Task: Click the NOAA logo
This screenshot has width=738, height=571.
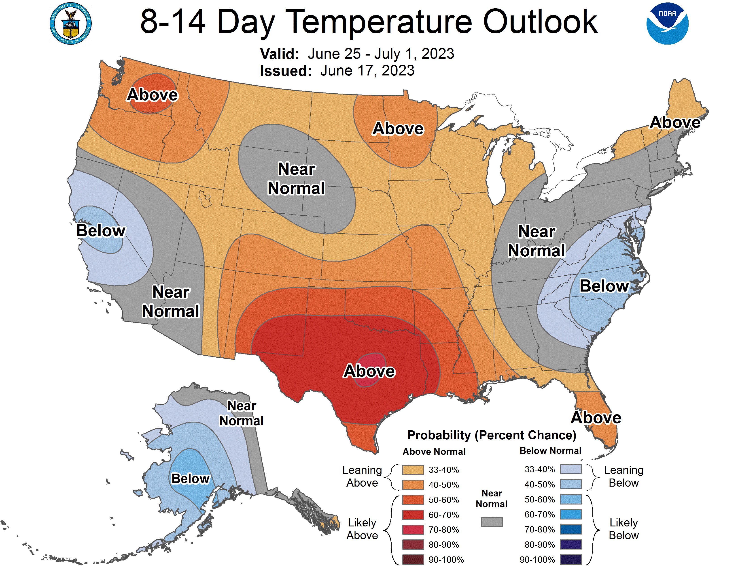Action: (667, 24)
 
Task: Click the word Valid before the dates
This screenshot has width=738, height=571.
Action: (279, 54)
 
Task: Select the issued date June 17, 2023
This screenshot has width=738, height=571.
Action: (367, 71)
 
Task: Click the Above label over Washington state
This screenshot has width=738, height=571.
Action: (152, 95)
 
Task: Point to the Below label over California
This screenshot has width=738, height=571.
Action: (101, 231)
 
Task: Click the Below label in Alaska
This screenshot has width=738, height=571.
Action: (190, 479)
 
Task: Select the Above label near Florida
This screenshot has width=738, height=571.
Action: (596, 418)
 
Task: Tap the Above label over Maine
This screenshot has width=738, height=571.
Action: (675, 122)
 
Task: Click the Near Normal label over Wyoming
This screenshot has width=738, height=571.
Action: (296, 179)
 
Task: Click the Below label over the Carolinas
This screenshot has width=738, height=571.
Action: (604, 286)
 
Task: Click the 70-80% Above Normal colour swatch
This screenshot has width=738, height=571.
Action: (413, 530)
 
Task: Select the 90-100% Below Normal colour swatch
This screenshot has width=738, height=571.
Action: (571, 560)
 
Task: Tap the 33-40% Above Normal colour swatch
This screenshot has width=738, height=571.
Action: (413, 470)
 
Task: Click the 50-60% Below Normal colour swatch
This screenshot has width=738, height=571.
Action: (571, 500)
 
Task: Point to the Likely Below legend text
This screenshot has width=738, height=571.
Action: (623, 529)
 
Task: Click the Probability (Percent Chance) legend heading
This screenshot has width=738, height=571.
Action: (492, 435)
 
